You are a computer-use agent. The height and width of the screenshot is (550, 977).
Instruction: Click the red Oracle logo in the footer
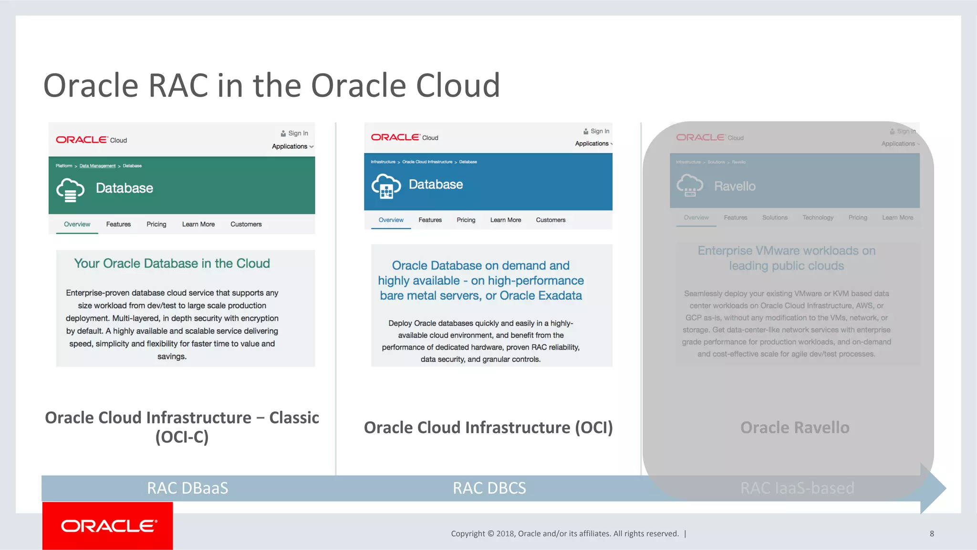click(x=108, y=526)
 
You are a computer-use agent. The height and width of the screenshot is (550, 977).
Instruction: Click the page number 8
click(x=932, y=534)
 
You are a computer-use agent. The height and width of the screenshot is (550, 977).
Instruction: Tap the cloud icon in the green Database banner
click(x=70, y=190)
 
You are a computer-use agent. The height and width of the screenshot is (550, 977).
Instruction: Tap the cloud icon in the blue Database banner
click(x=386, y=186)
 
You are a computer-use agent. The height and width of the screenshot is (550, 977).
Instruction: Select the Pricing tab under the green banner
click(x=156, y=224)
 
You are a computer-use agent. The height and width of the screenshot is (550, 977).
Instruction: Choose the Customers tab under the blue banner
click(x=551, y=220)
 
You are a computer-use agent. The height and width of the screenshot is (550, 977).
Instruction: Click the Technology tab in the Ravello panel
click(x=818, y=218)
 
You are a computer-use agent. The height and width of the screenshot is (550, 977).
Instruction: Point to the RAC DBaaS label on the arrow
click(x=187, y=488)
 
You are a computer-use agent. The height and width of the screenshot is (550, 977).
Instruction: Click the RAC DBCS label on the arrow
click(x=489, y=488)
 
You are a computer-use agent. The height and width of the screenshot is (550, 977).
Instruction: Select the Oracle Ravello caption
click(x=795, y=427)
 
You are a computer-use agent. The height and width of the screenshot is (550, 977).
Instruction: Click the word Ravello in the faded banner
click(x=735, y=186)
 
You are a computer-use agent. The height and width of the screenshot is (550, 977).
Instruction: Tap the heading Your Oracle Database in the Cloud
click(x=172, y=263)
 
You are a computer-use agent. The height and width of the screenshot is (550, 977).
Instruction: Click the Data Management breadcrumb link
click(x=97, y=166)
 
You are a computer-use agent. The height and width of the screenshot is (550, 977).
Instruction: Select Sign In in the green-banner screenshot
click(x=298, y=133)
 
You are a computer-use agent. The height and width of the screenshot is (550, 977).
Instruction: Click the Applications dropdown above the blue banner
click(x=593, y=144)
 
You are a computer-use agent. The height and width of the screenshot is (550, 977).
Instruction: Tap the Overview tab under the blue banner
click(x=391, y=220)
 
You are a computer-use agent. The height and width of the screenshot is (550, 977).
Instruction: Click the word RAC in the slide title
click(x=178, y=86)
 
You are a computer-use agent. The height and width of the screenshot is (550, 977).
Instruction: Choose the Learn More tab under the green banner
click(x=198, y=224)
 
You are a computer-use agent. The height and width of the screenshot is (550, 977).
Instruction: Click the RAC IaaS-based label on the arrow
click(x=797, y=488)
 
